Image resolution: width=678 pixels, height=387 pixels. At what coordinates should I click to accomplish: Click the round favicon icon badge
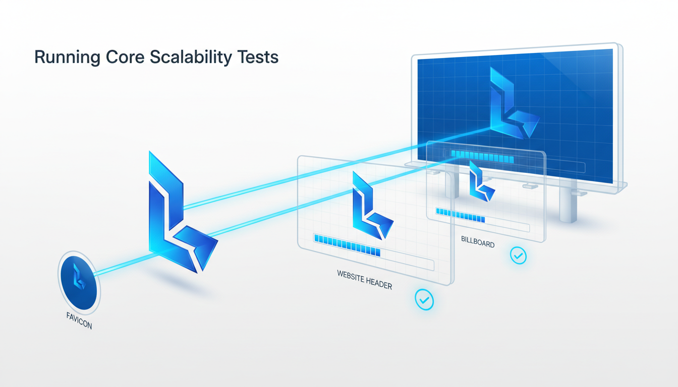coord(79,282)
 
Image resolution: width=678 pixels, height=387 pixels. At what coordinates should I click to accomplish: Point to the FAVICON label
coord(79,320)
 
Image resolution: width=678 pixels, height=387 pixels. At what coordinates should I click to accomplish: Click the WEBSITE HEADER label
coord(364,279)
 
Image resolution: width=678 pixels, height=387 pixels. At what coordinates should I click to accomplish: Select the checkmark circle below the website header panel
coord(424,300)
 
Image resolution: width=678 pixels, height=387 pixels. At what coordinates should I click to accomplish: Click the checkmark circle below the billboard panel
coord(518,255)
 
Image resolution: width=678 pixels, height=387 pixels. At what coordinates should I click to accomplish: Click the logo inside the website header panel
coord(370,207)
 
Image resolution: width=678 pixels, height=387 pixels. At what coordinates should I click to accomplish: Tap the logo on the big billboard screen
coord(511,106)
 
